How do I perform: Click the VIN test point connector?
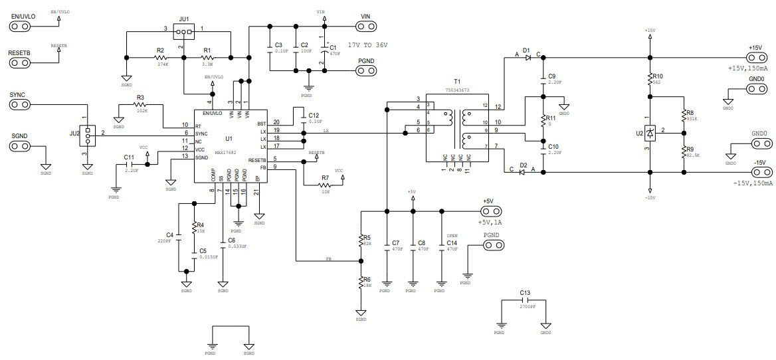tap(365, 27)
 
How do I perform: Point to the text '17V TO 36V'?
tap(367, 45)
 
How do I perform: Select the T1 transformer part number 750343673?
tap(456, 90)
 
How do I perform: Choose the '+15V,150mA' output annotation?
tap(748, 68)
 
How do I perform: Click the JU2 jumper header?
tap(86, 133)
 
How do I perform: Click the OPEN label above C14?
tap(452, 236)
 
